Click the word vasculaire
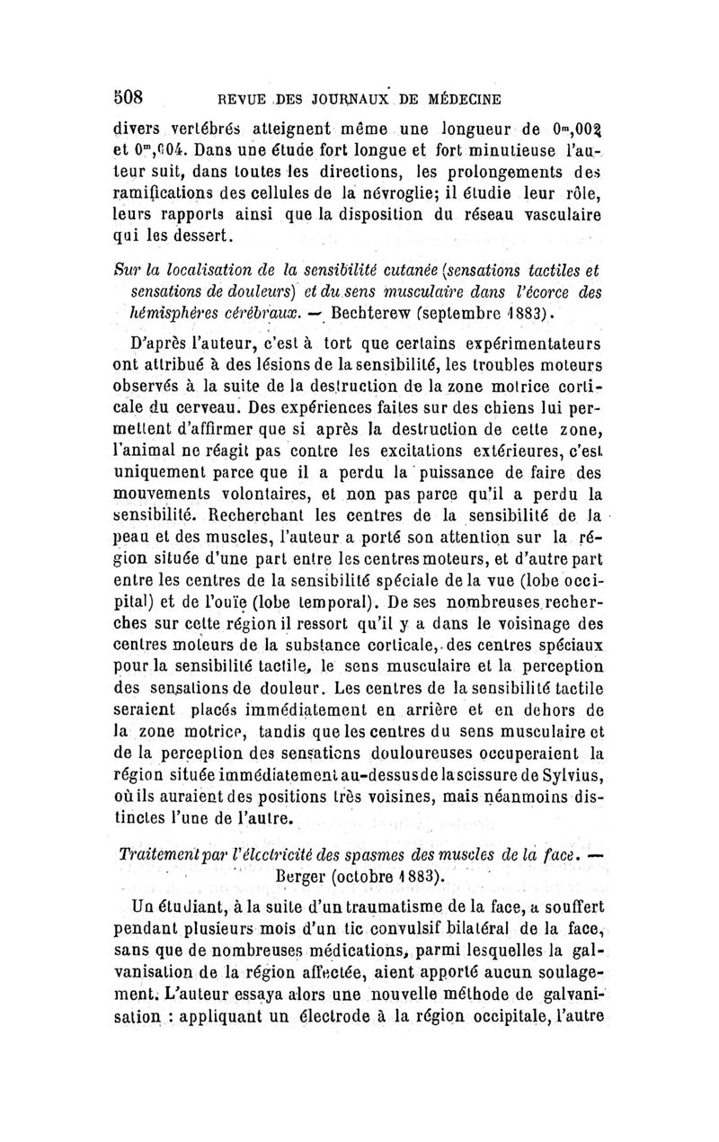click(551, 216)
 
